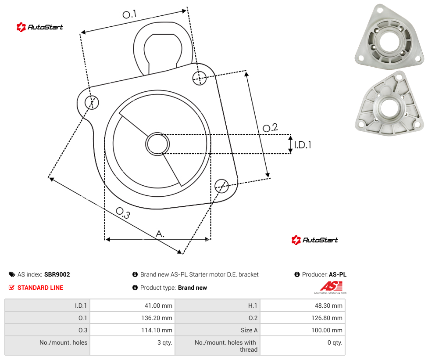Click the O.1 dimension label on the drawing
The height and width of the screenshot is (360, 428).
coord(129,14)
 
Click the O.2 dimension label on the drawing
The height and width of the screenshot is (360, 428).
coord(270,127)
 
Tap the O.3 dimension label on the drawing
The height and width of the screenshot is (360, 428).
coord(123,213)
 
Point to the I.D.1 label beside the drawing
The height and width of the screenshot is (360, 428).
coord(303,145)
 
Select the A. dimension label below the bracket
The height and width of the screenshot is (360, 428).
coord(160,234)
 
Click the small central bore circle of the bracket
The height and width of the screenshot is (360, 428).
coord(157,144)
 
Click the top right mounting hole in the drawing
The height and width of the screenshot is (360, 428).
coord(200,78)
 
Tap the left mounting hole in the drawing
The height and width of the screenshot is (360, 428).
coord(92,102)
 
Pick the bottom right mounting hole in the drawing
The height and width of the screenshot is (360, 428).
coord(221,186)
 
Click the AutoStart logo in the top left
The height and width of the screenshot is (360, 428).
coord(40,27)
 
